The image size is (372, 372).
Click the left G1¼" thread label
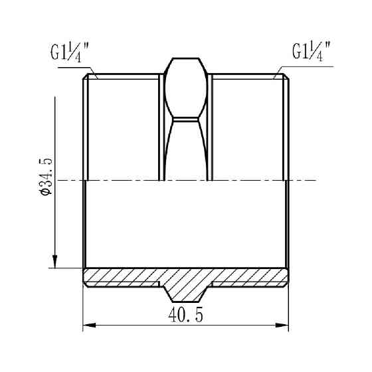[x=70, y=52]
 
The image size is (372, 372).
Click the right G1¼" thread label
[x=312, y=52]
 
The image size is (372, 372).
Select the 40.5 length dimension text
[x=186, y=315]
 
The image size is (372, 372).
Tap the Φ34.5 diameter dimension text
[x=45, y=177]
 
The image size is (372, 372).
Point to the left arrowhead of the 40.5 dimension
[x=89, y=325]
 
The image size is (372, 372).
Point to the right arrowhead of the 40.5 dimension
[x=282, y=325]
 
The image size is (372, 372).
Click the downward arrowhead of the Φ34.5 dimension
[x=55, y=262]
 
